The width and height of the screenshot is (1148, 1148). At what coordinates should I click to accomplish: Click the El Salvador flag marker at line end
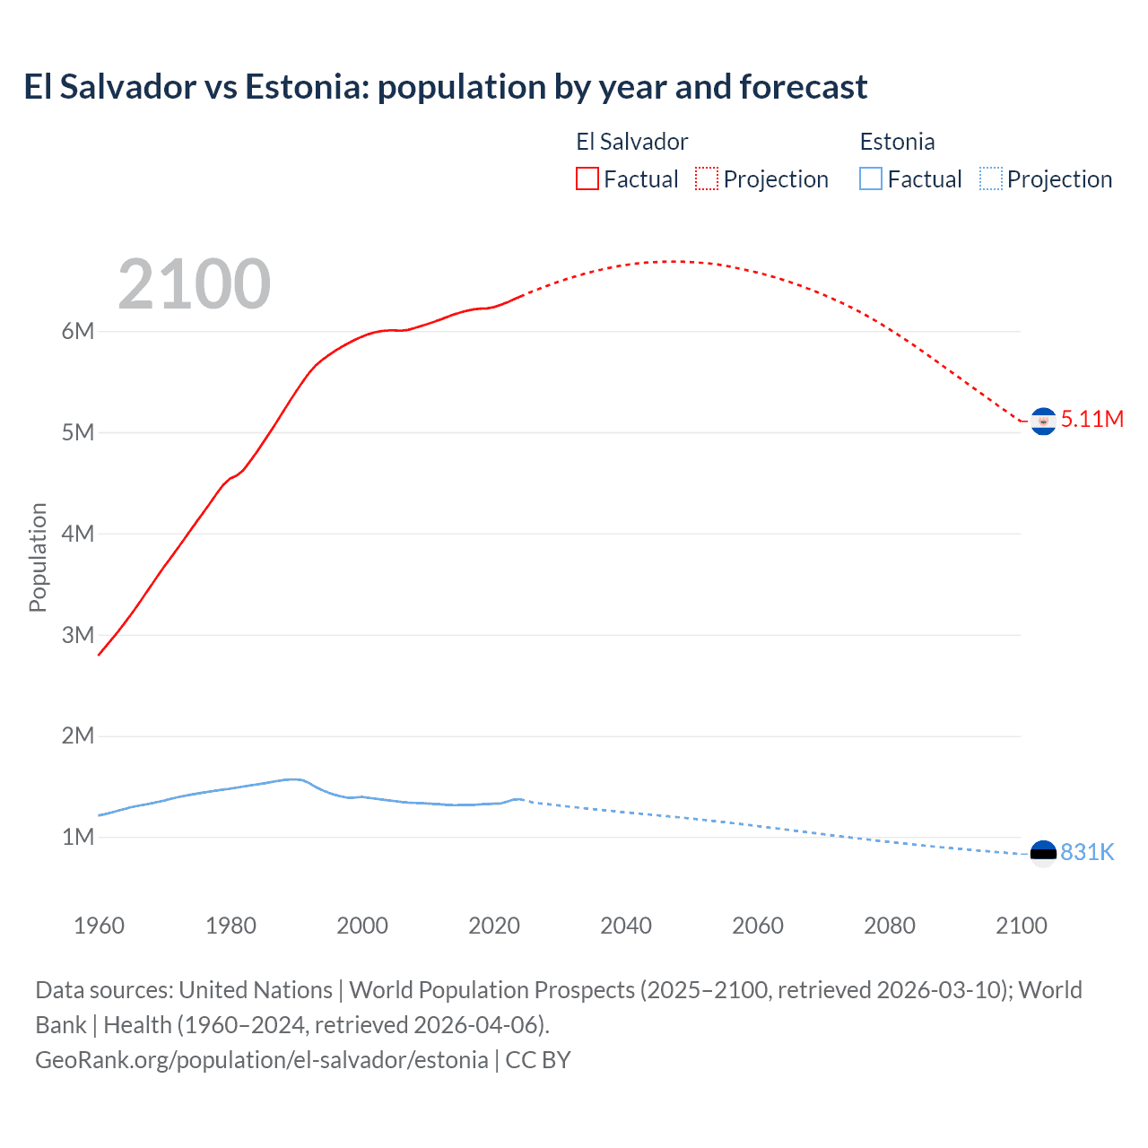point(1043,421)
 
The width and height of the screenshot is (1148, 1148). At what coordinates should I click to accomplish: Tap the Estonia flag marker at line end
point(1043,853)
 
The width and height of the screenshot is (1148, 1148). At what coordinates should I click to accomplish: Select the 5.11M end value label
point(1091,419)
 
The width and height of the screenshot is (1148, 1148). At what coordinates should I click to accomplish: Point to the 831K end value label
point(1087,852)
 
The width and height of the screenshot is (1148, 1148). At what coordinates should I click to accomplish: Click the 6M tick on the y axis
point(78,331)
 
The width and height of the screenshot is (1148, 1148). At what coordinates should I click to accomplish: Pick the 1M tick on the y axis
point(78,837)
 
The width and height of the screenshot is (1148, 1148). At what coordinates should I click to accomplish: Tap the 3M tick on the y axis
point(78,635)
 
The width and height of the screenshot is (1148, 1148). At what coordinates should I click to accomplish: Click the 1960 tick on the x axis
point(99,926)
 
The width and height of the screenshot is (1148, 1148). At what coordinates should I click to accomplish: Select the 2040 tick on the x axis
point(626,926)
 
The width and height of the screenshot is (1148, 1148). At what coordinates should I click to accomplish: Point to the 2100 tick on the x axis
point(1021,926)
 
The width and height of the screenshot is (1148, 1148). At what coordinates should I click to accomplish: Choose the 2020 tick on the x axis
point(494,926)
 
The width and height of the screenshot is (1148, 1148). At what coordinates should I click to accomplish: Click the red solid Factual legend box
point(587,179)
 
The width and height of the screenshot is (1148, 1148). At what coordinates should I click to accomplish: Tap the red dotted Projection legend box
point(707,179)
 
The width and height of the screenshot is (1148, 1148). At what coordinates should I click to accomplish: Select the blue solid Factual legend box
point(871,179)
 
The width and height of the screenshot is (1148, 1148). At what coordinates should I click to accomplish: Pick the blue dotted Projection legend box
point(990,179)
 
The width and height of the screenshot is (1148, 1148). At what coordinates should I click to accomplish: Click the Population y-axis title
point(38,557)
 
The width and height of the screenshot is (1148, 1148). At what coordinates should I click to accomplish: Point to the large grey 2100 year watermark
point(194,284)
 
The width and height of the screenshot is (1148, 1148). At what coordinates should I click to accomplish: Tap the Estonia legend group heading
point(897,142)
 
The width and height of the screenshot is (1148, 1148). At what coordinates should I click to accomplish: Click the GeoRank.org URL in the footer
point(262,1060)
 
